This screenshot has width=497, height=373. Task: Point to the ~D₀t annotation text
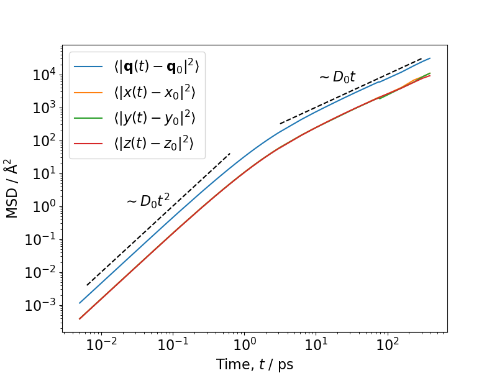click(x=337, y=77)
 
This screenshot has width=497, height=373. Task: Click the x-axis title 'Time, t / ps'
click(x=255, y=364)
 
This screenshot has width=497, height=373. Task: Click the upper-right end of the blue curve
click(x=430, y=58)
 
